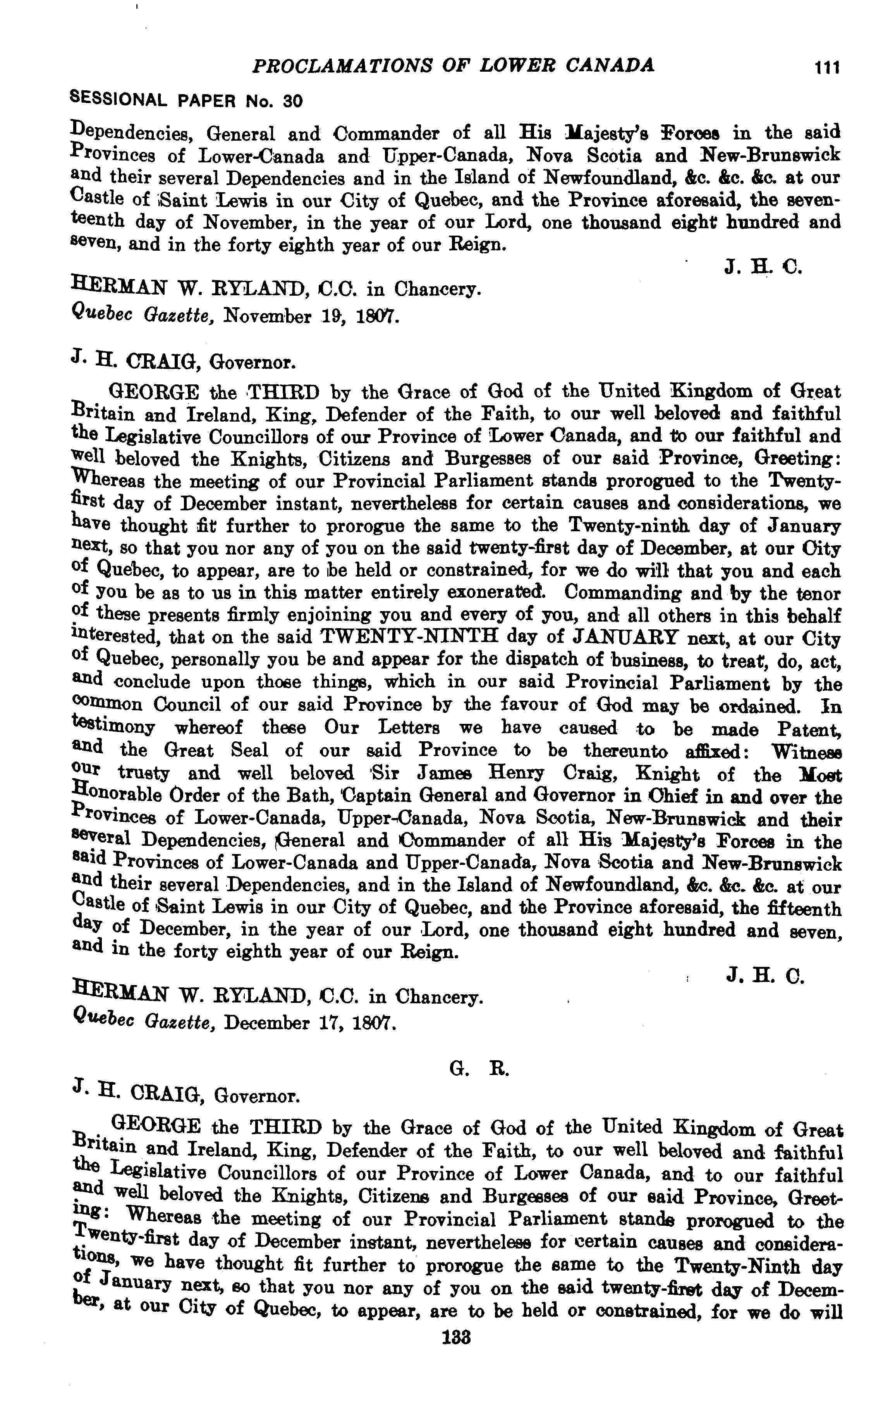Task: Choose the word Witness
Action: click(x=806, y=752)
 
